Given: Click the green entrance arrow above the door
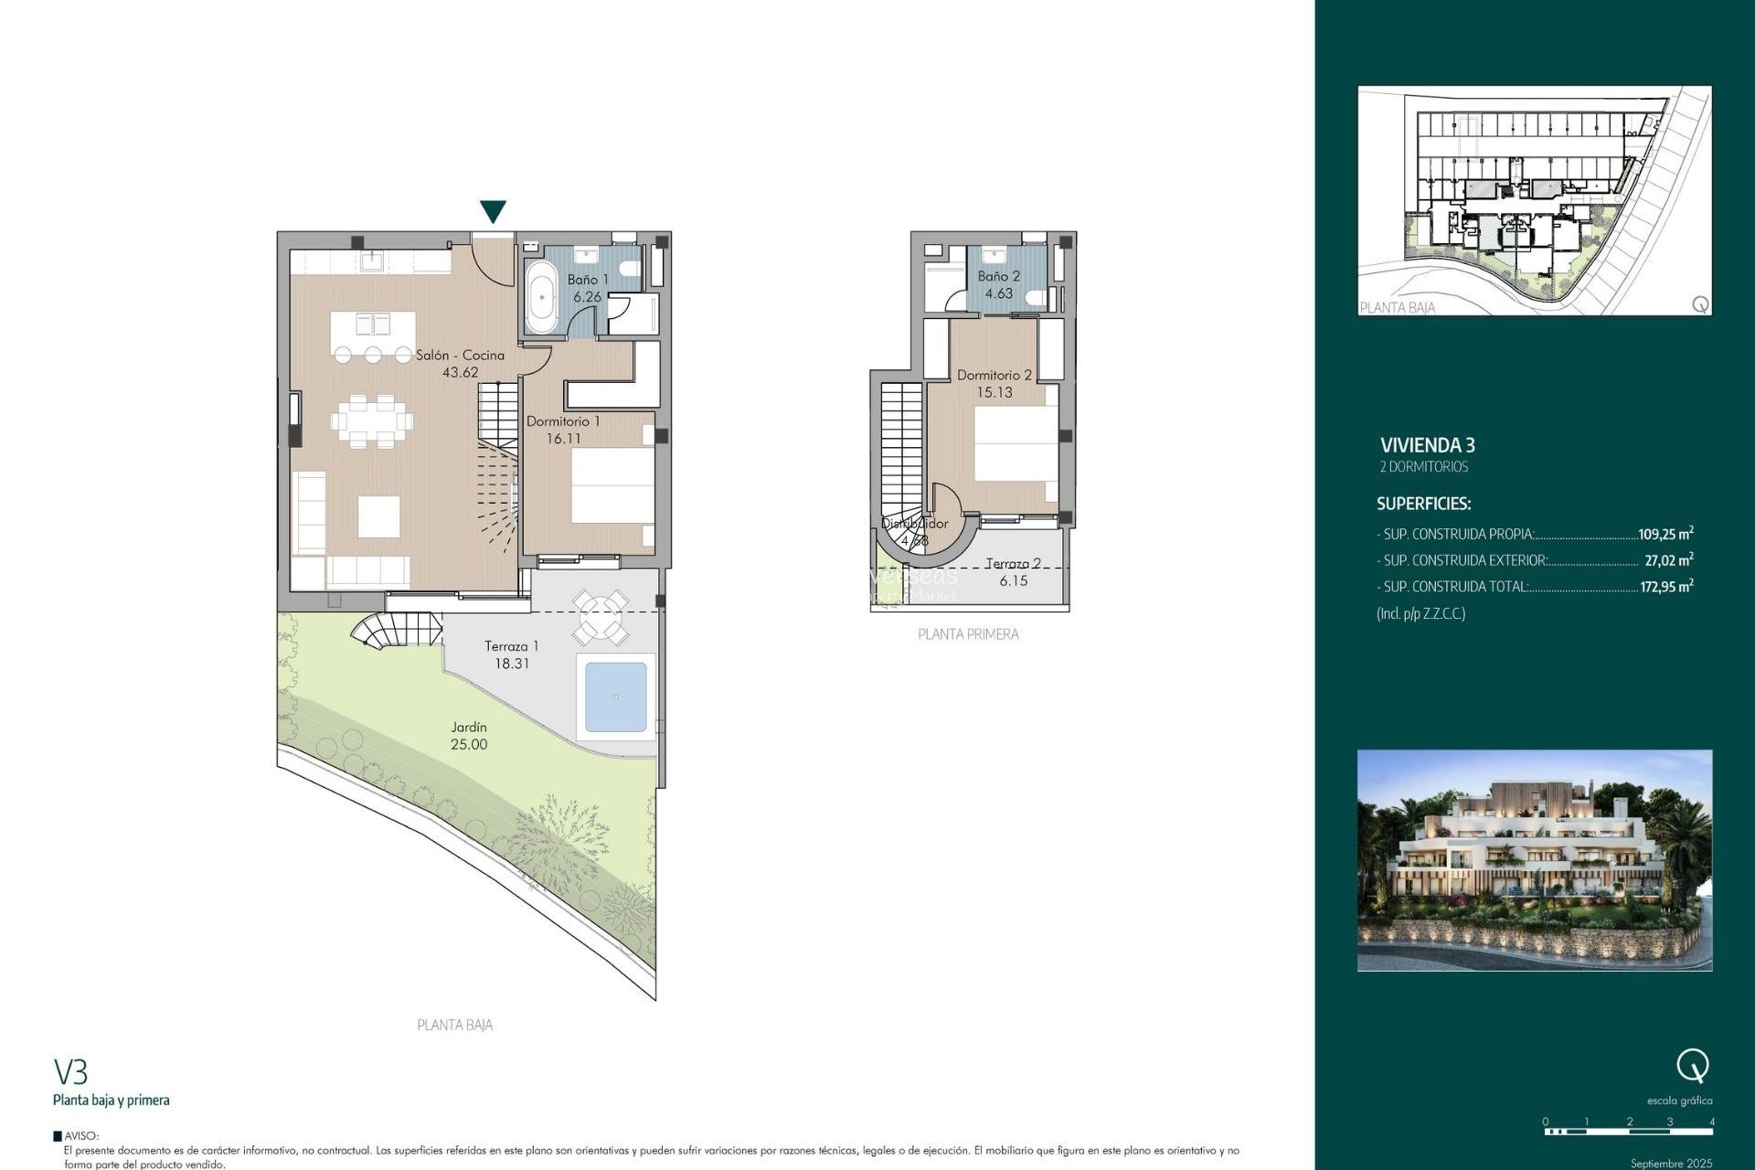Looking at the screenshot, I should [x=493, y=211].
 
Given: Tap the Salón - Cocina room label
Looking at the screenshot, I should [x=460, y=355].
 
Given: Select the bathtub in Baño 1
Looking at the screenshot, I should [x=541, y=296].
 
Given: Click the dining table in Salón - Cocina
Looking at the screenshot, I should [x=372, y=421].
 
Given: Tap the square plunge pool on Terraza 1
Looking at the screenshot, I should [x=615, y=697].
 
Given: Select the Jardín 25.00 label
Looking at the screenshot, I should [x=469, y=736].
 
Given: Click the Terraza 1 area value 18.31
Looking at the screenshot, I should [x=512, y=664].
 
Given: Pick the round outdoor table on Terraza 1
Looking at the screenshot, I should [x=601, y=617].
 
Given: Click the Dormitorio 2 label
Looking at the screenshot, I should [x=994, y=375].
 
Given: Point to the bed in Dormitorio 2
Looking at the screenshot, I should [x=1016, y=444].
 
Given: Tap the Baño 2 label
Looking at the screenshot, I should [x=998, y=276].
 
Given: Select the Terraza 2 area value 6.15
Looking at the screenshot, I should [x=1013, y=580].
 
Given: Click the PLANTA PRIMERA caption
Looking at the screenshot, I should [x=968, y=633].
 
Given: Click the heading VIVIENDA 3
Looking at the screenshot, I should [x=1427, y=445].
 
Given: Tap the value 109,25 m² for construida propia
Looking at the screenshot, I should [x=1665, y=534].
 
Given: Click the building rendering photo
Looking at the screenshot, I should [x=1534, y=860].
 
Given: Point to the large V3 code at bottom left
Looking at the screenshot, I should [x=70, y=1071].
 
